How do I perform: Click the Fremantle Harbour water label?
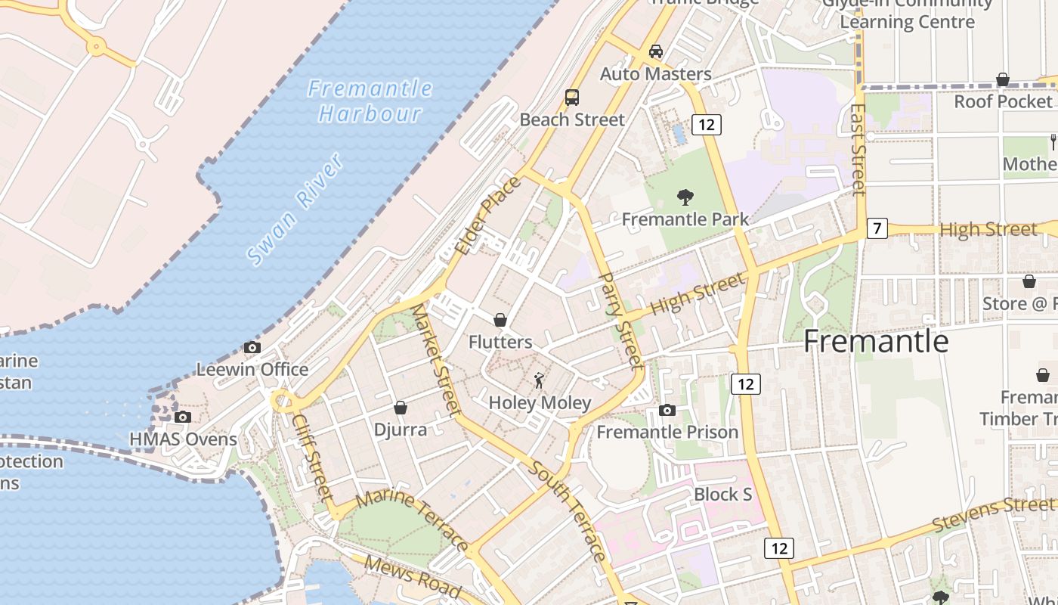(370, 101)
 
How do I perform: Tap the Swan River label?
(295, 209)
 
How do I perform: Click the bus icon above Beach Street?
(572, 97)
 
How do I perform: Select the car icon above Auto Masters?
(656, 51)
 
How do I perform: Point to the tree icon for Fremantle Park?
(685, 197)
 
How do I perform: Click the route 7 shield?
(877, 228)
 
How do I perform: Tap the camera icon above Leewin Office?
(252, 347)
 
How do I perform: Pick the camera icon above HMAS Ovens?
(182, 417)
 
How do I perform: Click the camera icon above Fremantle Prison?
(667, 410)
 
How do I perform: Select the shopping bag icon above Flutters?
(500, 320)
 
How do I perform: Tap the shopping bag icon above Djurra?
(401, 408)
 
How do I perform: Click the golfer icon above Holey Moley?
(539, 380)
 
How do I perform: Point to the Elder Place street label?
(488, 216)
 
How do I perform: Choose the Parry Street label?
(620, 321)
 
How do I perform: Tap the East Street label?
(857, 149)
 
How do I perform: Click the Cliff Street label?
(312, 457)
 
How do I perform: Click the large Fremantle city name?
(875, 341)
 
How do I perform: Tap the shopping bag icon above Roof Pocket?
(1003, 79)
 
